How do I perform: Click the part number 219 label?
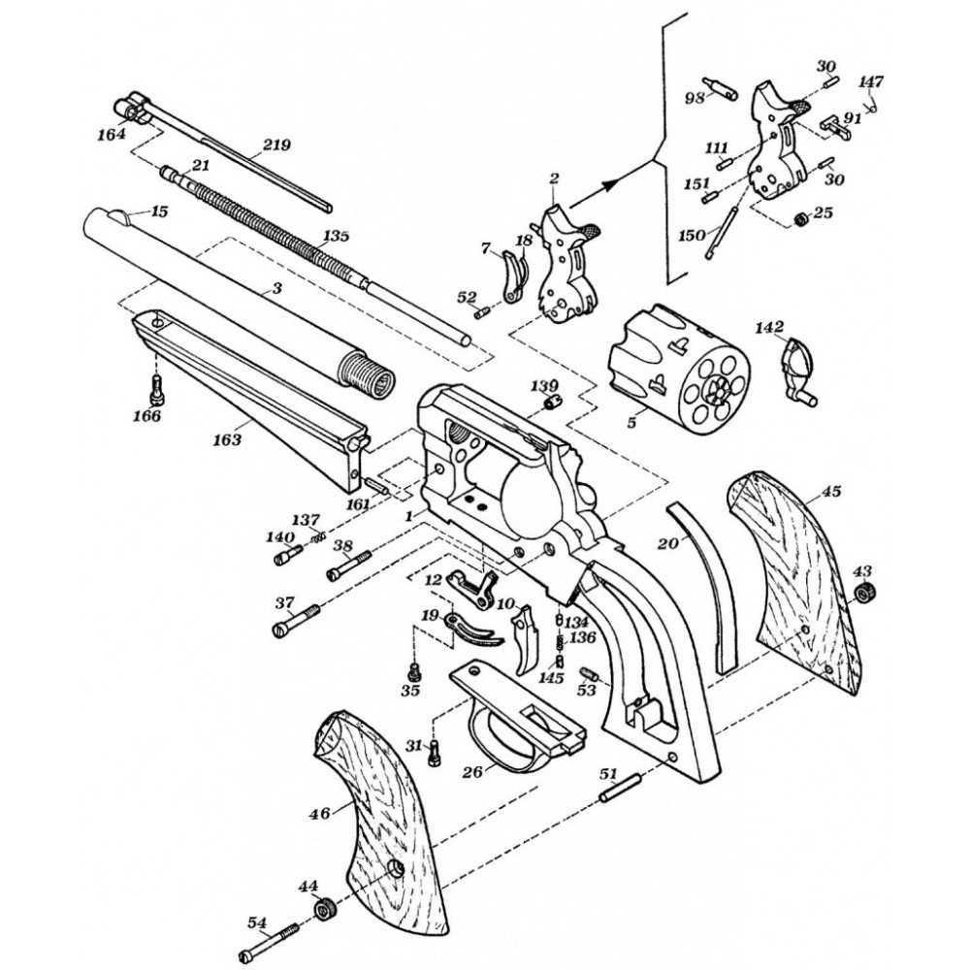(275, 145)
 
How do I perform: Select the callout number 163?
(227, 439)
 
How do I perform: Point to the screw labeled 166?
(156, 393)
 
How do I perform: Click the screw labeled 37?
(297, 617)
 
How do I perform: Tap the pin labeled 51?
(618, 788)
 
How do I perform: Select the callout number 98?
(695, 98)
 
